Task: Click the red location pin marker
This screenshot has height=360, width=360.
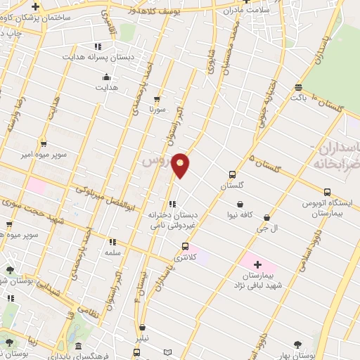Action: click(x=181, y=165)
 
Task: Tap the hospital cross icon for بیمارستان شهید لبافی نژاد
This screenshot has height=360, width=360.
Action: click(x=257, y=265)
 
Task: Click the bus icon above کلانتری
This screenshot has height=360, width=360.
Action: click(x=185, y=247)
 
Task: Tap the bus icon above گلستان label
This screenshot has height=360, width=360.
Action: click(x=232, y=174)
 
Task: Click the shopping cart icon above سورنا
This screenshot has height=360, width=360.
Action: click(x=157, y=99)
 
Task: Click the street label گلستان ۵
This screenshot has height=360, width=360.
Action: click(x=264, y=166)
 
